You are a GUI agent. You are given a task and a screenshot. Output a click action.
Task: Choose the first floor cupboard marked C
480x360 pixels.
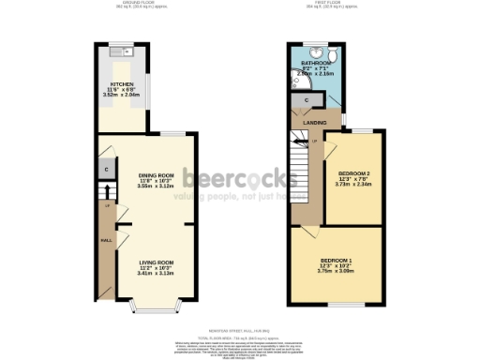pyautogui.click(x=307, y=99)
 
